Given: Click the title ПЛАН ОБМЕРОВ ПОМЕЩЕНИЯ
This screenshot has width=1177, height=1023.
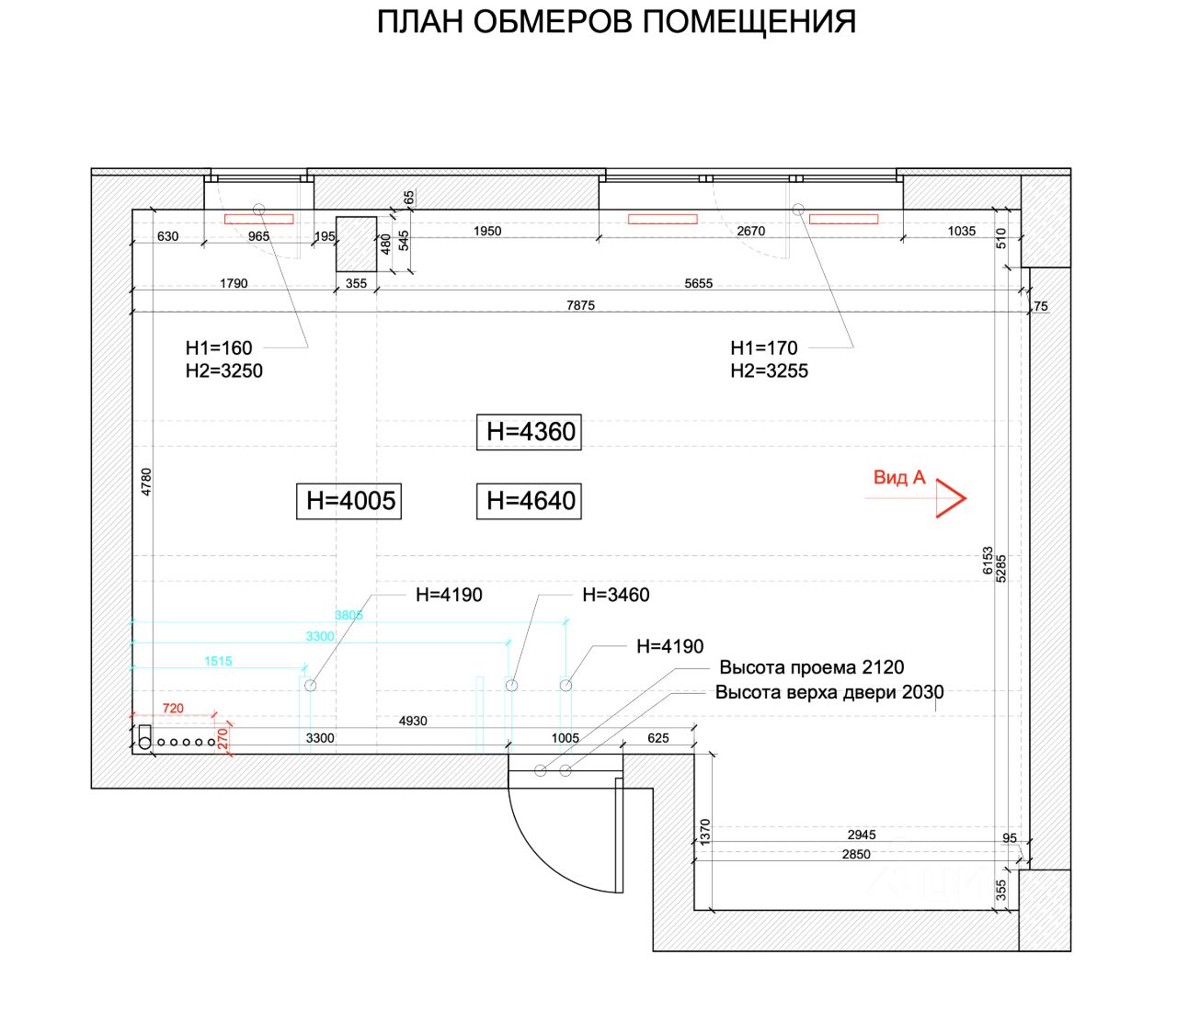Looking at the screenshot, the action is [x=616, y=22].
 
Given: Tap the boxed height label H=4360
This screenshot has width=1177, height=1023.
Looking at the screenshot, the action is [x=529, y=431].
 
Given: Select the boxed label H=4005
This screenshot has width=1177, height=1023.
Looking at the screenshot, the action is [x=349, y=501].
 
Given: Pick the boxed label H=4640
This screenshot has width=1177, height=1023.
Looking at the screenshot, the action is [x=529, y=501].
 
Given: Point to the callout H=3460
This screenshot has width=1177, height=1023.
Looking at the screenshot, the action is [x=615, y=595].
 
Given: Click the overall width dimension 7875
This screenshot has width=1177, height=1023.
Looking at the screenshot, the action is [x=580, y=305].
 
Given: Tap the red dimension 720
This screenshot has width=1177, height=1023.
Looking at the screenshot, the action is [x=173, y=708].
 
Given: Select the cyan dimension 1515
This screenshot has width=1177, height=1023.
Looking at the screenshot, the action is [x=218, y=661].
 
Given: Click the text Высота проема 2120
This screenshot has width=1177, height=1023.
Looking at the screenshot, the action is [x=811, y=667].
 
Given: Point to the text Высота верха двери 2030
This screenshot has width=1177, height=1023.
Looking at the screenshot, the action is [x=829, y=692].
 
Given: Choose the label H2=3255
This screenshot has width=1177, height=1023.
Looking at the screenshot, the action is [x=769, y=371].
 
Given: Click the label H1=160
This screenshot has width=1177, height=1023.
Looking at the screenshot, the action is [x=219, y=348].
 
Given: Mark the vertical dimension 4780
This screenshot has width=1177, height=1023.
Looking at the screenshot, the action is [x=147, y=482].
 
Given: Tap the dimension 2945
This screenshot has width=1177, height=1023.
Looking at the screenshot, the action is [x=862, y=835].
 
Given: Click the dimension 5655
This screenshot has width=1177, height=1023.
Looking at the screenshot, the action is [x=698, y=283].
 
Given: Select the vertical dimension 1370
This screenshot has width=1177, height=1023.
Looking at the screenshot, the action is [x=706, y=832].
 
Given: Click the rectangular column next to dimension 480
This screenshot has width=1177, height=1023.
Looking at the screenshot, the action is [x=356, y=244].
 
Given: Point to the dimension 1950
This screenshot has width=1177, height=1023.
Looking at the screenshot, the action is [x=487, y=232].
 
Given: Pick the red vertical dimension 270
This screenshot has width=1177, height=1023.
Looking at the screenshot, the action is [x=223, y=738].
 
